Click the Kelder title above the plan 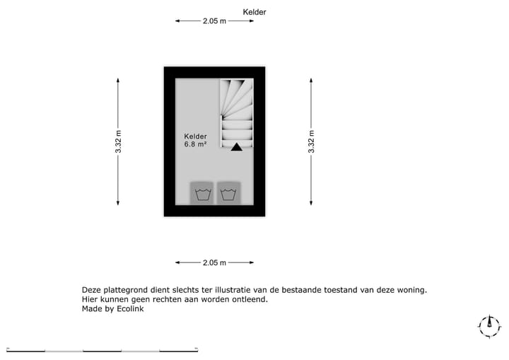pyautogui.click(x=255, y=12)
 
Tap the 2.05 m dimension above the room pyautogui.click(x=214, y=21)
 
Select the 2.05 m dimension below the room pyautogui.click(x=214, y=262)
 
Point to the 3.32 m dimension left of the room pyautogui.click(x=118, y=141)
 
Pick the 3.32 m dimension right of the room pyautogui.click(x=311, y=141)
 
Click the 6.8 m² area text pyautogui.click(x=195, y=144)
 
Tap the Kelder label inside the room pyautogui.click(x=195, y=137)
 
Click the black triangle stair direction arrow pyautogui.click(x=237, y=147)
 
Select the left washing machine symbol pyautogui.click(x=203, y=194)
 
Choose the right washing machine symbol pyautogui.click(x=228, y=194)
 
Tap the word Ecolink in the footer pyautogui.click(x=130, y=308)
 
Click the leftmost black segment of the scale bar pyautogui.click(x=26, y=351)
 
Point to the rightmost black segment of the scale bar pyautogui.click(x=179, y=351)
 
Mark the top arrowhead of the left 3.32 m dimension pyautogui.click(x=118, y=81)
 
